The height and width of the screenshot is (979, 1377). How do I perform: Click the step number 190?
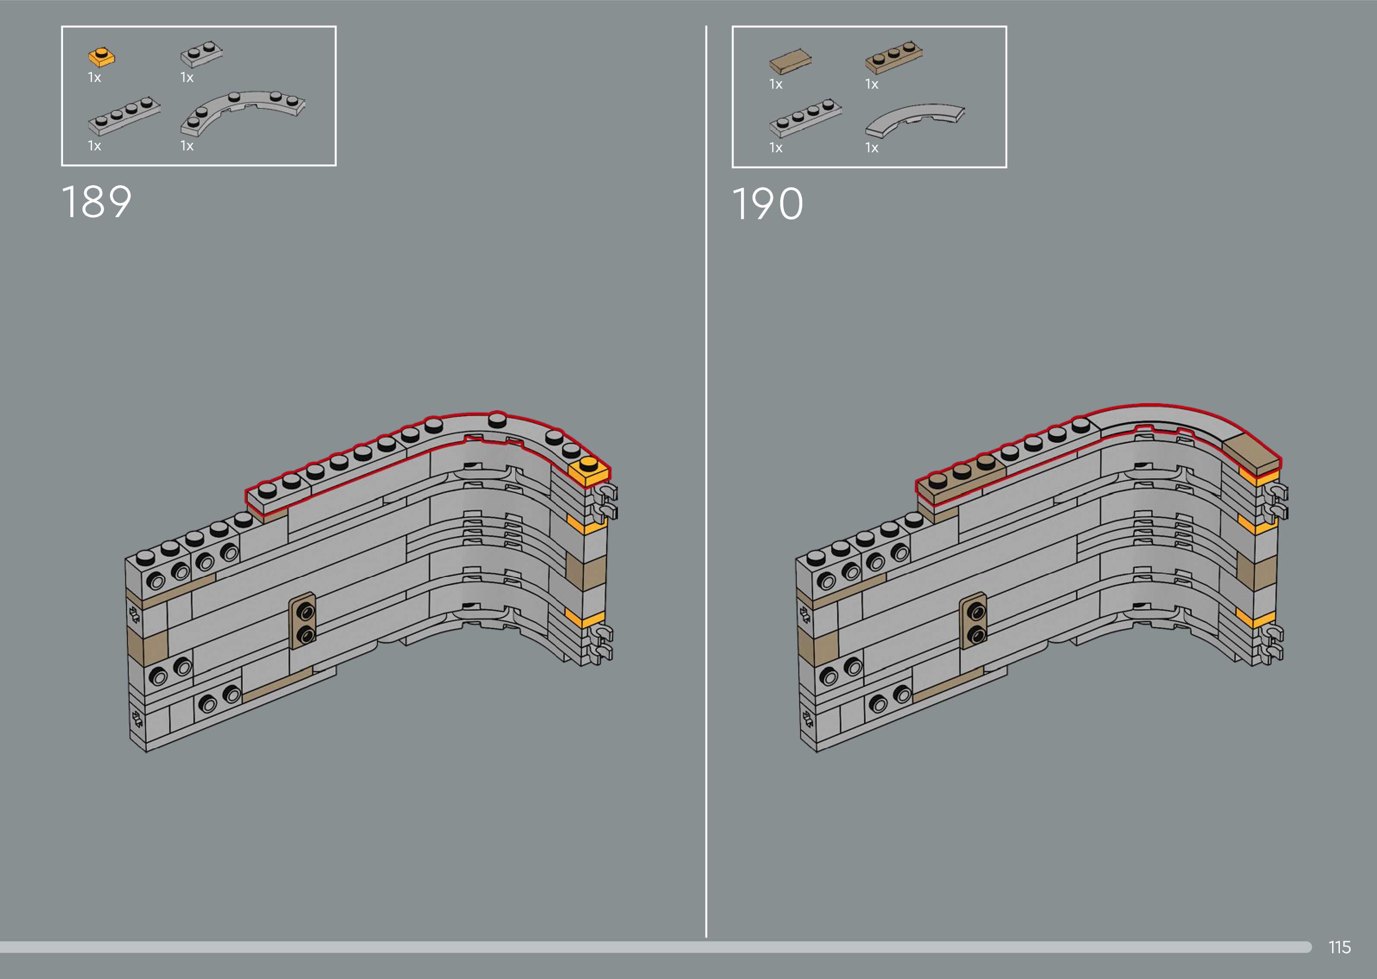tap(767, 204)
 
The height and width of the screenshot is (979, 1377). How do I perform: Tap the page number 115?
tap(1339, 947)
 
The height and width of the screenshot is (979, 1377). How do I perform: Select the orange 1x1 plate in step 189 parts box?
tap(102, 57)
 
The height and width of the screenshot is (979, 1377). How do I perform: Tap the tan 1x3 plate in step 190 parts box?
tap(893, 58)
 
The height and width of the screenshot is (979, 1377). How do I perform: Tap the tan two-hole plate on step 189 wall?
tap(303, 620)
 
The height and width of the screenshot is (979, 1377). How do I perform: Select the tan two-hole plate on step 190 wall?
tap(973, 621)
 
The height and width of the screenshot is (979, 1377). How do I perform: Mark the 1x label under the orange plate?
tap(95, 77)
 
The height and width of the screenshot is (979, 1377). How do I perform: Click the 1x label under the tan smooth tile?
tap(776, 85)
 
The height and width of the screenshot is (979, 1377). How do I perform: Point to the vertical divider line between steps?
tap(706, 482)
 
